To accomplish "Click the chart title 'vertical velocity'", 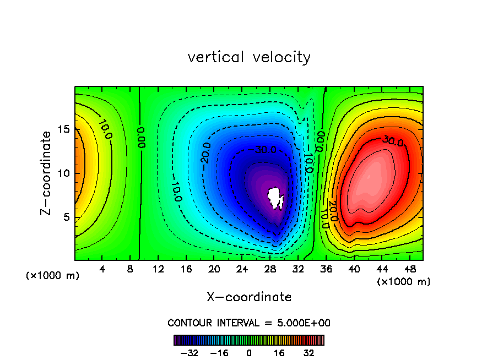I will click(249, 57).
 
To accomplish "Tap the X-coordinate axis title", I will click(249, 297).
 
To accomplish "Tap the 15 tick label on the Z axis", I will click(63, 130).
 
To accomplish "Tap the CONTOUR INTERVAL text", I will click(249, 323).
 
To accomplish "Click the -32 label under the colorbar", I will click(189, 353).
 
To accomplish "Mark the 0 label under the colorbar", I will click(249, 353).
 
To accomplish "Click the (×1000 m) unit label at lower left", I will click(52, 276).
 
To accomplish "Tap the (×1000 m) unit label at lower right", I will click(404, 282).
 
